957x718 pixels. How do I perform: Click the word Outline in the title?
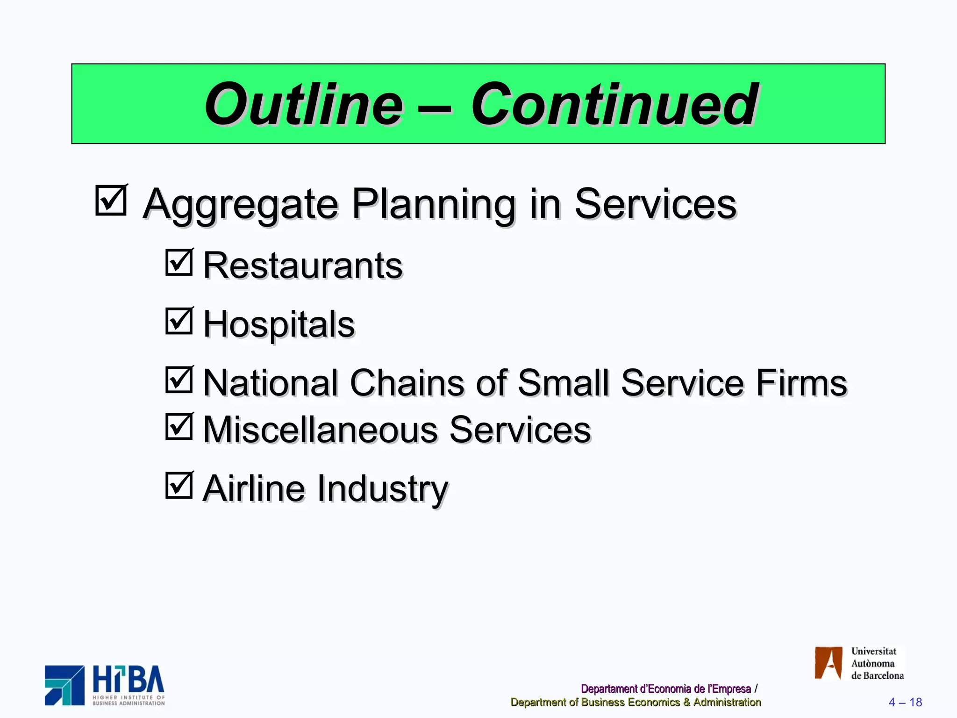click(304, 104)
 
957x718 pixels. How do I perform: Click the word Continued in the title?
click(614, 104)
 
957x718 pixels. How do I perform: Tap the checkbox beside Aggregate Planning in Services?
click(111, 201)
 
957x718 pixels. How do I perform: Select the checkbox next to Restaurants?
click(179, 262)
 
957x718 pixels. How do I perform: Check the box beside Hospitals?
click(179, 321)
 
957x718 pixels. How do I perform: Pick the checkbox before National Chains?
click(179, 380)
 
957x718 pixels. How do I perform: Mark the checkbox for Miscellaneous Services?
click(179, 426)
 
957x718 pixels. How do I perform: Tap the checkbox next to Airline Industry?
click(179, 485)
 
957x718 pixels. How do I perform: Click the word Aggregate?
click(241, 205)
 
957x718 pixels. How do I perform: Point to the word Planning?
click(434, 205)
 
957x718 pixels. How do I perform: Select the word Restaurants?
click(303, 266)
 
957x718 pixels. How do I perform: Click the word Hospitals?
click(279, 324)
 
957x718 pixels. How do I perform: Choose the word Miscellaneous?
click(321, 430)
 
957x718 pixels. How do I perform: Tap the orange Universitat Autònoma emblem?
click(828, 663)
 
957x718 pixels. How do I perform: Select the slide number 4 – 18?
click(905, 702)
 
